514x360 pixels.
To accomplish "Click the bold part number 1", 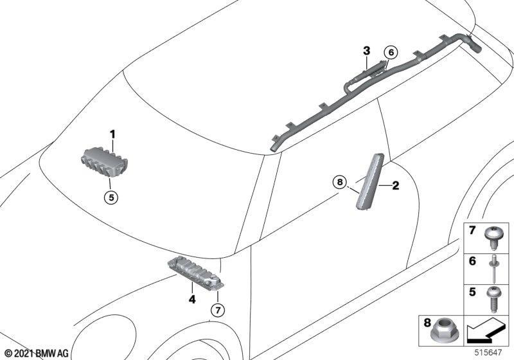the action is (x=112, y=134).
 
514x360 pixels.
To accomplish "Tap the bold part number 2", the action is (x=396, y=186).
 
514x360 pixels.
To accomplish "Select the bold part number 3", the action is (x=366, y=51).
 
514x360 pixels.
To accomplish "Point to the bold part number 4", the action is (x=192, y=299).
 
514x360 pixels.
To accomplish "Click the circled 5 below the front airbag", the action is (x=111, y=197).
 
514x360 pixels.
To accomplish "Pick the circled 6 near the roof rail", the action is (x=391, y=52).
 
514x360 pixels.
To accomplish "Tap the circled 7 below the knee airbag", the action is (x=218, y=309).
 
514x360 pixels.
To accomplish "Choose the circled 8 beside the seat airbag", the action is (x=340, y=181).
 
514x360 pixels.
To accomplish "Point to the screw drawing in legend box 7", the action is (x=492, y=237).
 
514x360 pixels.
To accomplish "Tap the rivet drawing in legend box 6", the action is (x=494, y=269).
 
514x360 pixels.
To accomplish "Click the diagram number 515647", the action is (x=488, y=352).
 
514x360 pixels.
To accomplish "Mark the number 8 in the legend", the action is (x=427, y=323).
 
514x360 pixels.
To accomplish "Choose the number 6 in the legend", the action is (x=472, y=261).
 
